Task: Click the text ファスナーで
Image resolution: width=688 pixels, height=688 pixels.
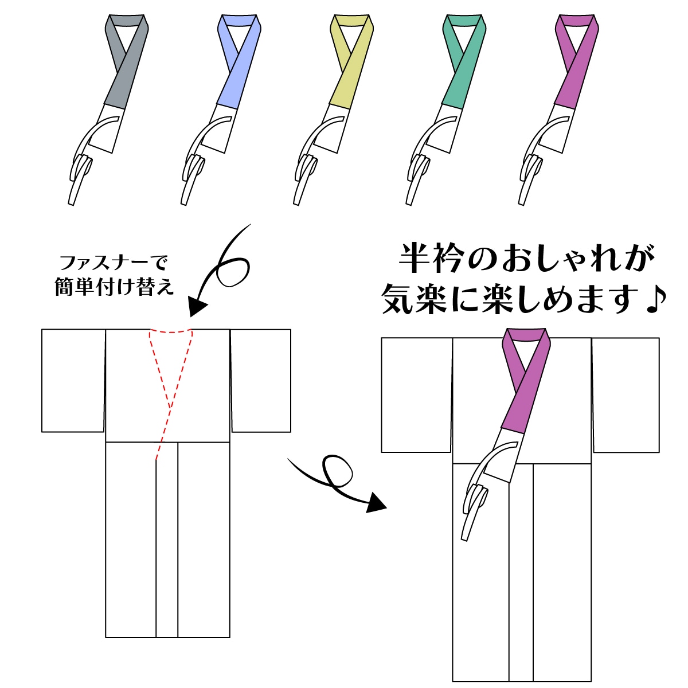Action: click(114, 264)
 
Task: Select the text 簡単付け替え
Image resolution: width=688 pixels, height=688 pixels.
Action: click(114, 287)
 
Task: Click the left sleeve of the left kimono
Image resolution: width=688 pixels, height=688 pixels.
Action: click(73, 380)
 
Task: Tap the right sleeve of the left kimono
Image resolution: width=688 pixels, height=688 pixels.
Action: click(261, 380)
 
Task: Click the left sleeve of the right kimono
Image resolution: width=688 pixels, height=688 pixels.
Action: click(417, 394)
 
